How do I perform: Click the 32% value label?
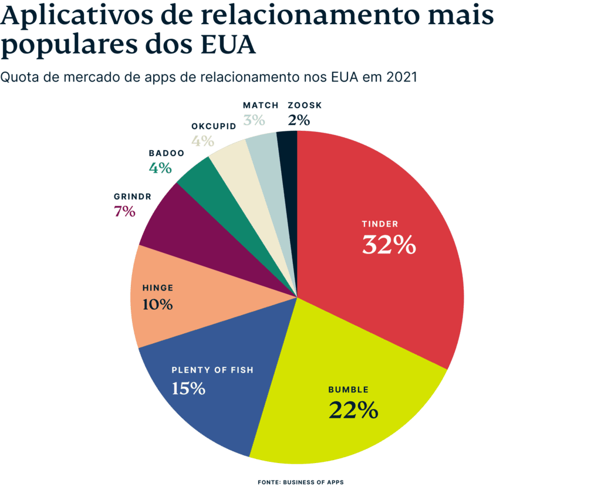(x=389, y=245)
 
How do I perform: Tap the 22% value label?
(x=353, y=410)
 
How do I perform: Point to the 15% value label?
(x=188, y=388)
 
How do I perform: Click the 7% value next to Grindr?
(x=124, y=212)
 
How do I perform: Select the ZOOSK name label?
(x=305, y=106)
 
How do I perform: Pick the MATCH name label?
(x=260, y=106)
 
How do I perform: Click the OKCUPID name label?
(x=213, y=126)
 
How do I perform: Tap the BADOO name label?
(x=166, y=153)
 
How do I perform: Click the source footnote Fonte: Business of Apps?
(x=300, y=482)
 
